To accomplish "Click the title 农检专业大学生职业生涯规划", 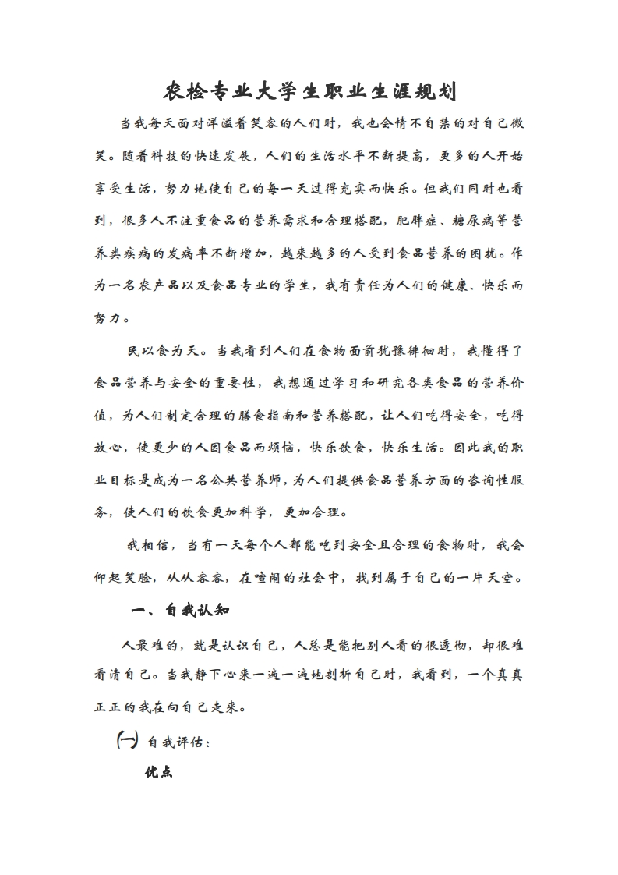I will click(x=309, y=93).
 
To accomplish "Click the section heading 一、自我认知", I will click(x=178, y=610).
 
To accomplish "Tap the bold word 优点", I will click(x=158, y=772).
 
